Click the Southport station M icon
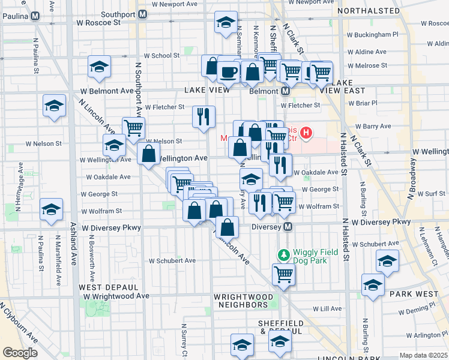click(143, 13)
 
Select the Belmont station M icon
click(286, 91)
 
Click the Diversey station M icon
click(288, 227)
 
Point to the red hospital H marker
click(307, 132)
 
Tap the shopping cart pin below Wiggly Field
click(283, 275)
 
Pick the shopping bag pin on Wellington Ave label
click(148, 154)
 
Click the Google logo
click(20, 353)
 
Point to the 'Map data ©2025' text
click(423, 355)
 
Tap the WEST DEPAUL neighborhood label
click(101, 287)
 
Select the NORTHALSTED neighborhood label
click(369, 11)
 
